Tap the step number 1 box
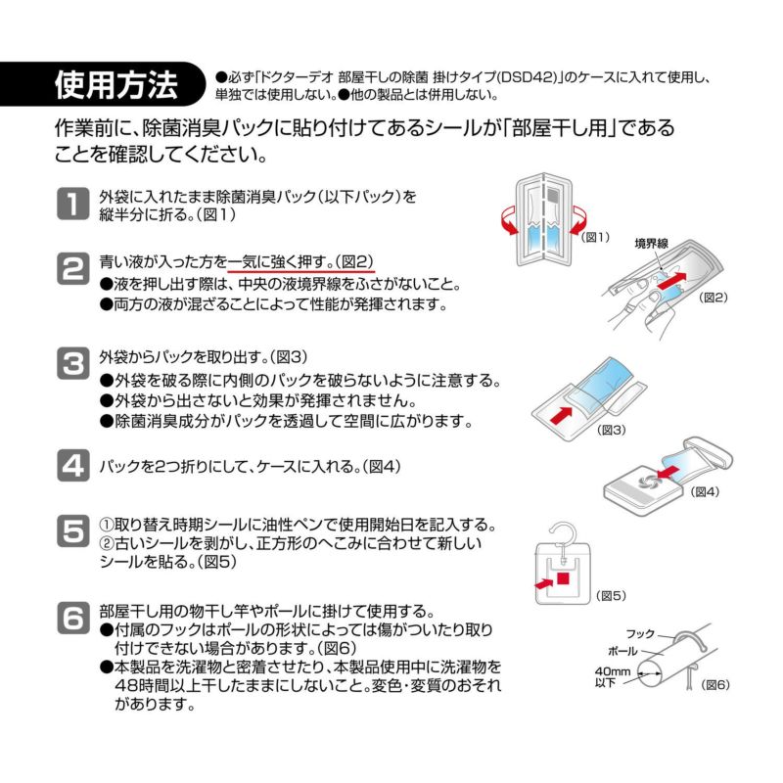[73, 205]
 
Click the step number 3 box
[73, 364]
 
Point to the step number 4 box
[73, 465]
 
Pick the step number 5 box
[73, 532]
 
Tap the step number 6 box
[73, 619]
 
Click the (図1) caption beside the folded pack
[595, 237]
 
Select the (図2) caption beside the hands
[714, 298]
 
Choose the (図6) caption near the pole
[716, 683]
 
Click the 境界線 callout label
[652, 241]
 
